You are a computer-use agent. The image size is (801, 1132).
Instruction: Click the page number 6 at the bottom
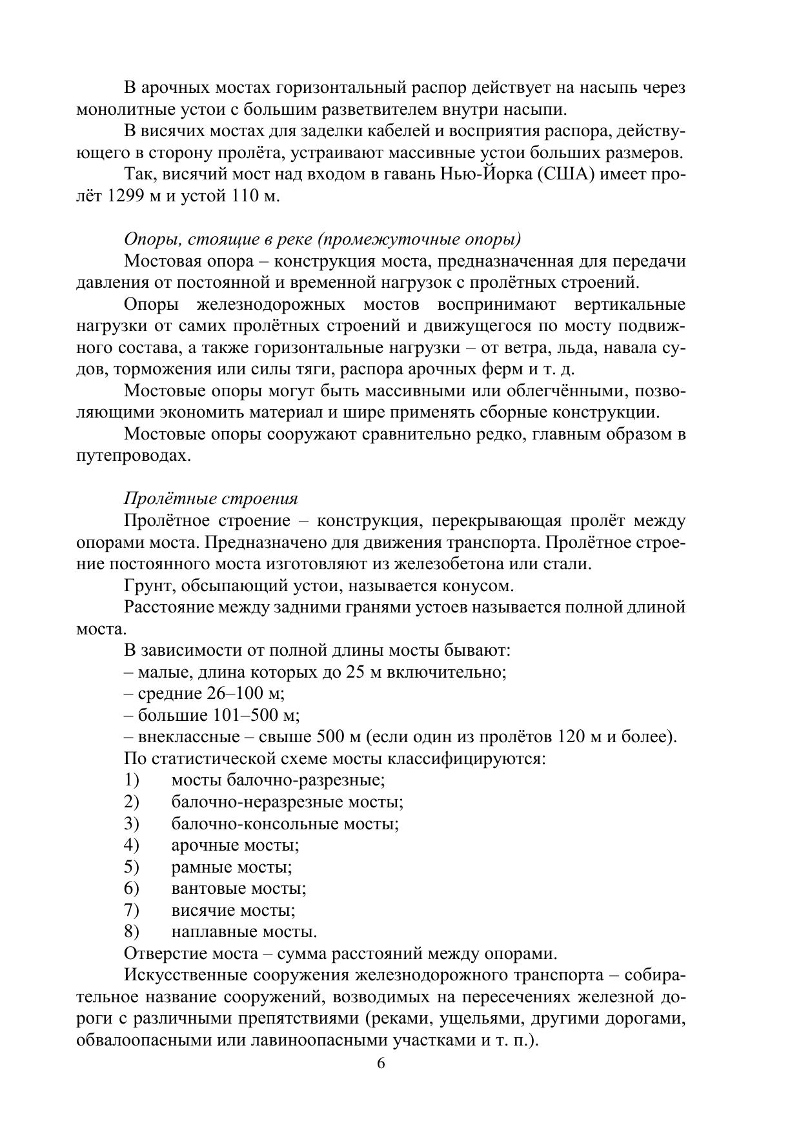381,1063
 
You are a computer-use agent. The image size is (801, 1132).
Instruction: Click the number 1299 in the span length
116,196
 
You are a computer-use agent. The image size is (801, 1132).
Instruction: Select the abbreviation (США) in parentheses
565,174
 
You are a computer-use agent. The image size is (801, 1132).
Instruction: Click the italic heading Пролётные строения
210,499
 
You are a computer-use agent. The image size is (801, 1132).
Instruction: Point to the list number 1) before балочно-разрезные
132,780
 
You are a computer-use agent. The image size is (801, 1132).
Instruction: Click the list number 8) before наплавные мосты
132,932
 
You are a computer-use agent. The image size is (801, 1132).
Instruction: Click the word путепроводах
133,456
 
